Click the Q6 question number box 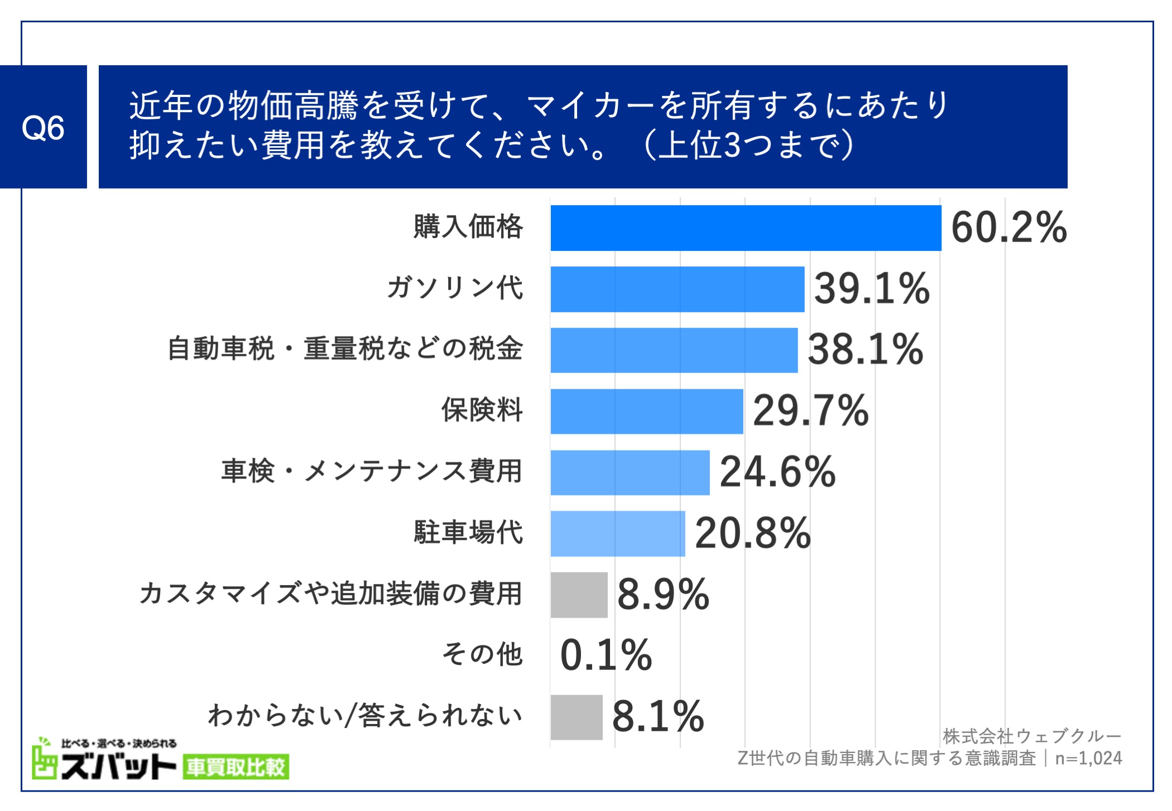point(43,127)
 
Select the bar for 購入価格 point(745,228)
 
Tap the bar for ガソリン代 point(677,289)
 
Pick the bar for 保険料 point(646,411)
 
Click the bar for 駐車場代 point(617,533)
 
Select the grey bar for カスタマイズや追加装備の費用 point(579,595)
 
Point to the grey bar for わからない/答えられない point(577,717)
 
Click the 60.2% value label point(1008,228)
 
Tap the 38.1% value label point(865,350)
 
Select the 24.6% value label point(777,472)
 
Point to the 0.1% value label point(606,655)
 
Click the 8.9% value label point(663,595)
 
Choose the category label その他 point(482,654)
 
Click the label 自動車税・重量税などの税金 point(345,349)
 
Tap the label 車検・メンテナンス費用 point(371,471)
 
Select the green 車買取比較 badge point(236,767)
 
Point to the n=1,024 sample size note point(1088,759)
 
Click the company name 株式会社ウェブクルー point(1032,736)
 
